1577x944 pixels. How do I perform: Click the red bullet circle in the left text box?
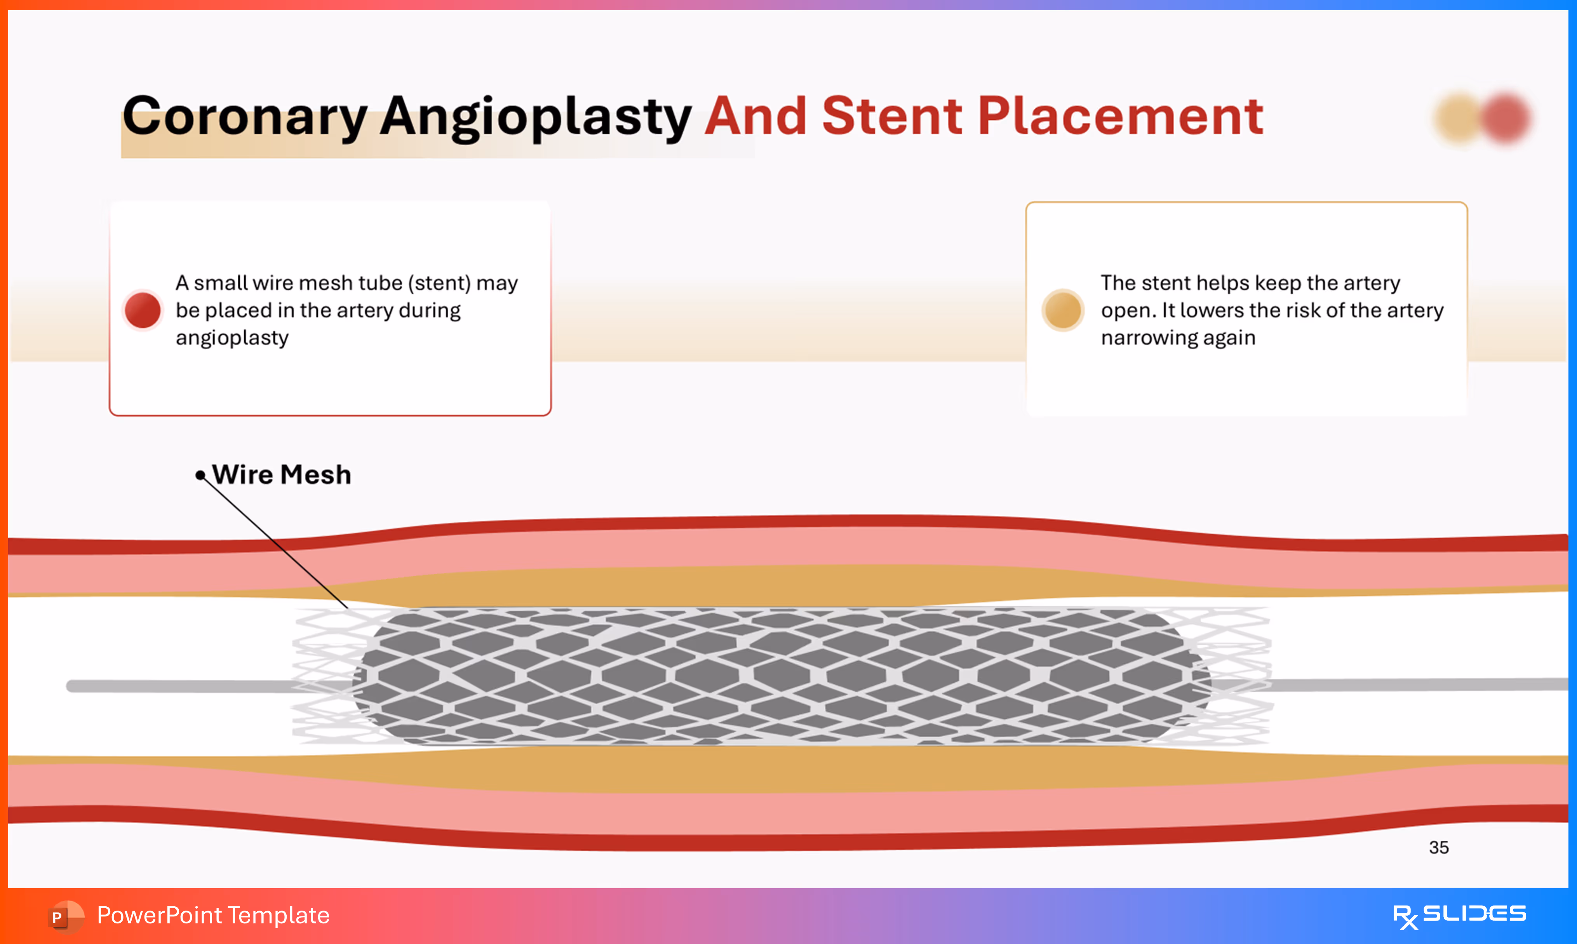click(143, 310)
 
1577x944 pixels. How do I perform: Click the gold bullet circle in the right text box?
click(1062, 310)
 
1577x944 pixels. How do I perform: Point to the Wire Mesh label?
click(281, 475)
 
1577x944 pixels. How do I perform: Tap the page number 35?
click(1438, 847)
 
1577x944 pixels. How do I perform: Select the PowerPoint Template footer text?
click(213, 915)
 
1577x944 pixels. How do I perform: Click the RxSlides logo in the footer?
click(1459, 915)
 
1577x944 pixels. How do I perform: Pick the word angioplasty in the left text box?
click(232, 338)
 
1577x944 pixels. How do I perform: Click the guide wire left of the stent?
click(178, 686)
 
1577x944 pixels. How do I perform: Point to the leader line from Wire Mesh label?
click(273, 541)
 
